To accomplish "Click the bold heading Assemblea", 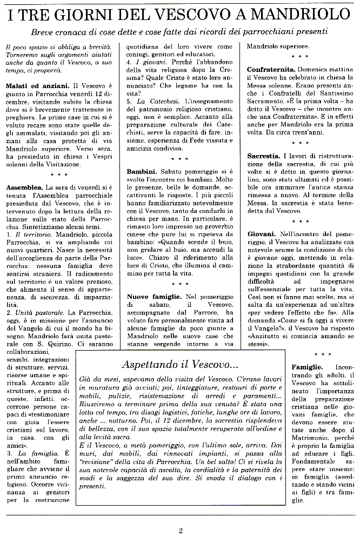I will click(23, 186).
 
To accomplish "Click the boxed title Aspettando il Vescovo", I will click(179, 365).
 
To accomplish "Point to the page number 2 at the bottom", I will click(181, 530).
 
